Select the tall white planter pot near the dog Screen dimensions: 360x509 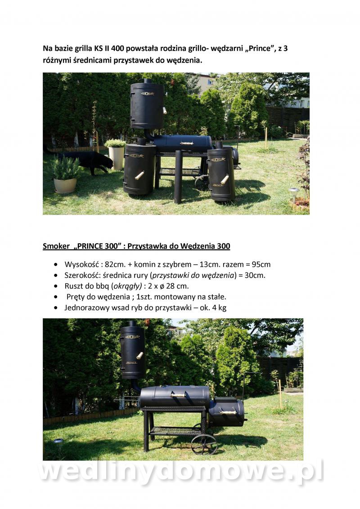pyautogui.click(x=116, y=158)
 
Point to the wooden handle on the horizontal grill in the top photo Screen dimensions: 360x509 pyautogui.click(x=186, y=143)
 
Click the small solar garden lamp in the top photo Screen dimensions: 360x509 pyautogui.click(x=294, y=194)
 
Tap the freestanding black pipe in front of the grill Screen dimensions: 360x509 pyautogui.click(x=178, y=177)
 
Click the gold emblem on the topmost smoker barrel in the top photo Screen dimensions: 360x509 pyautogui.click(x=147, y=94)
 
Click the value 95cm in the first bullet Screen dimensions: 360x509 pyautogui.click(x=261, y=264)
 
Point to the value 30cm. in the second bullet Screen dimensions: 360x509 pyautogui.click(x=255, y=275)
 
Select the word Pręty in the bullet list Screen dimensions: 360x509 pyautogui.click(x=76, y=297)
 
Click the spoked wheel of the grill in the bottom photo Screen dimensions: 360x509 pyautogui.click(x=204, y=444)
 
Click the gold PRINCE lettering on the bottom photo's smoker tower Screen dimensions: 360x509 pyautogui.click(x=131, y=362)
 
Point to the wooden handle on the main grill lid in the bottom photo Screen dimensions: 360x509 pyautogui.click(x=178, y=395)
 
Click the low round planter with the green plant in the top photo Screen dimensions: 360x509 pyautogui.click(x=65, y=185)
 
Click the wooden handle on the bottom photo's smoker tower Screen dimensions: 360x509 pyautogui.click(x=139, y=356)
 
